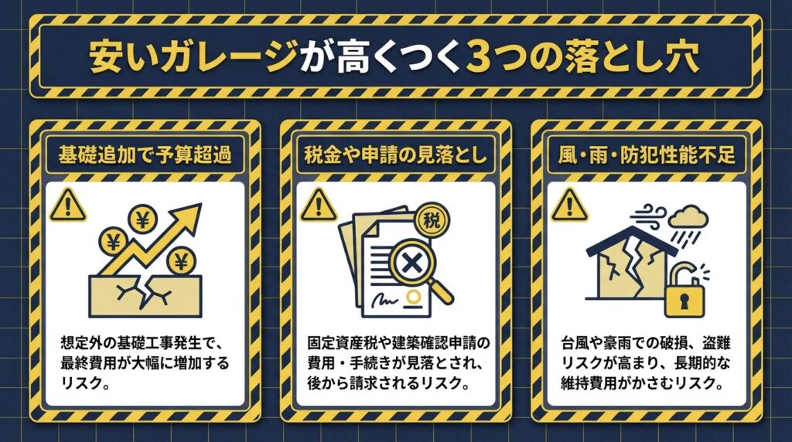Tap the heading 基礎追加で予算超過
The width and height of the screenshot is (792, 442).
[145, 155]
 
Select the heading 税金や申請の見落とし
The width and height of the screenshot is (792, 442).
[395, 155]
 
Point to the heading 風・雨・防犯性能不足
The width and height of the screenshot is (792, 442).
[647, 155]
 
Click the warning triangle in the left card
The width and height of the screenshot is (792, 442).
[68, 206]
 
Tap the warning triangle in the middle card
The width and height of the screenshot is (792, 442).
[318, 206]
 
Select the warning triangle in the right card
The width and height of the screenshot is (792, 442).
[569, 206]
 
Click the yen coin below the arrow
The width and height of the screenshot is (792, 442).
[180, 261]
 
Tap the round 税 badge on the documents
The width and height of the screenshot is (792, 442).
[431, 220]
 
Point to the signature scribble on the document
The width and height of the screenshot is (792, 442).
[385, 300]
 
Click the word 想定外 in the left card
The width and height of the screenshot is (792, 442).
[80, 344]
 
